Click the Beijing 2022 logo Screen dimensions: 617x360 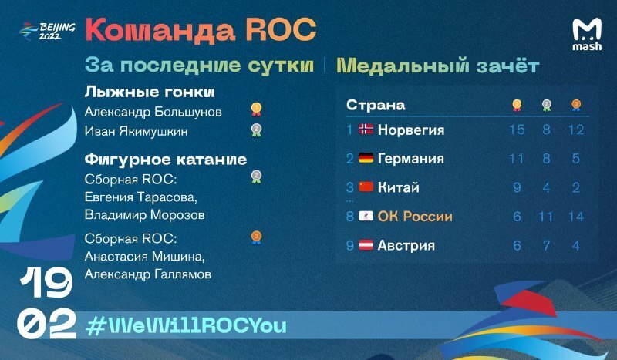tap(47, 31)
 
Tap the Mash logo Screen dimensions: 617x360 tap(587, 35)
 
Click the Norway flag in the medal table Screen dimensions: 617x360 tap(366, 129)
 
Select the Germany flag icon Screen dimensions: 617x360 tap(366, 158)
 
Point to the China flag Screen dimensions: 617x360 tap(366, 187)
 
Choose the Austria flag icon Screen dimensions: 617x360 tap(366, 245)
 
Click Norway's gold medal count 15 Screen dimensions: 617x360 tap(517, 130)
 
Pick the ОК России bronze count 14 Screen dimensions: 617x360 tap(575, 217)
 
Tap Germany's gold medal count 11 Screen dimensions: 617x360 tap(517, 159)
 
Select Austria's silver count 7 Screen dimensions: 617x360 tap(546, 245)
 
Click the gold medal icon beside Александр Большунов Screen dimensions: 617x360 tap(256, 109)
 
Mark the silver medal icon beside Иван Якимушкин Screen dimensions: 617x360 tap(256, 130)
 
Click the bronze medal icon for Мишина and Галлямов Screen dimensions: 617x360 tap(256, 237)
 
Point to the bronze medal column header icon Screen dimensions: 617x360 tap(576, 105)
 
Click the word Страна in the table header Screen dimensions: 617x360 tap(376, 105)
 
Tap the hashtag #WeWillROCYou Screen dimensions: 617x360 tap(186, 326)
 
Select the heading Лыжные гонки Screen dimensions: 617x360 tap(150, 92)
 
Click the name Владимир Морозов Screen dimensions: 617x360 tap(144, 215)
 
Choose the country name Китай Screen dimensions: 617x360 tap(398, 187)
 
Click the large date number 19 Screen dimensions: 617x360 tap(46, 282)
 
